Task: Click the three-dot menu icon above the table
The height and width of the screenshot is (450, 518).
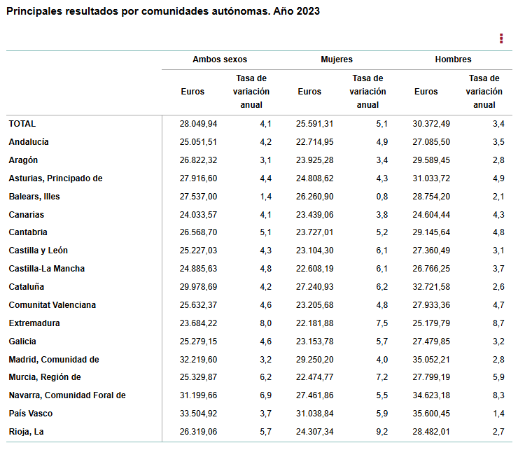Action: click(501, 38)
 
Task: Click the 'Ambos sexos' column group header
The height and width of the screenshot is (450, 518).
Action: click(220, 59)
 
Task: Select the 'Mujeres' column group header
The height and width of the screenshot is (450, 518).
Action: click(337, 59)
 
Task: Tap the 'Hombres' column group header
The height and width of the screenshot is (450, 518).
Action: click(453, 59)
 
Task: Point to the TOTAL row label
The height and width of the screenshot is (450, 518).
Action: click(22, 124)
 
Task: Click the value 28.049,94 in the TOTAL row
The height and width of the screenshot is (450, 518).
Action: click(198, 124)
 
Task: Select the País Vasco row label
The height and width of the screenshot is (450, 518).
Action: click(31, 414)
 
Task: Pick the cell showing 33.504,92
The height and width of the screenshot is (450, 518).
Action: click(198, 414)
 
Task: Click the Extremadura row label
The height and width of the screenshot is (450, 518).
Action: click(34, 323)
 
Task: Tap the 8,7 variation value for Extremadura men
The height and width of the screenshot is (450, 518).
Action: click(498, 323)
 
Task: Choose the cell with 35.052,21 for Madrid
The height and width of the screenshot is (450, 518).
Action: click(431, 360)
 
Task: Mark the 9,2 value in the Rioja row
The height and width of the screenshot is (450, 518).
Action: click(381, 432)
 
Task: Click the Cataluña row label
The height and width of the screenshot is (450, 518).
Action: click(27, 287)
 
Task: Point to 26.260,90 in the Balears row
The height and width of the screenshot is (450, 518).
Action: click(314, 197)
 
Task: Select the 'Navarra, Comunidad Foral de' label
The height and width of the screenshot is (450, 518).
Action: click(67, 395)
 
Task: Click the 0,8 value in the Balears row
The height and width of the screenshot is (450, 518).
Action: click(381, 197)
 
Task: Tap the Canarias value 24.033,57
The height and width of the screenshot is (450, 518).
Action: click(198, 215)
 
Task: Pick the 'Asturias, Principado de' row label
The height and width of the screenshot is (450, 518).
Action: click(56, 178)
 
